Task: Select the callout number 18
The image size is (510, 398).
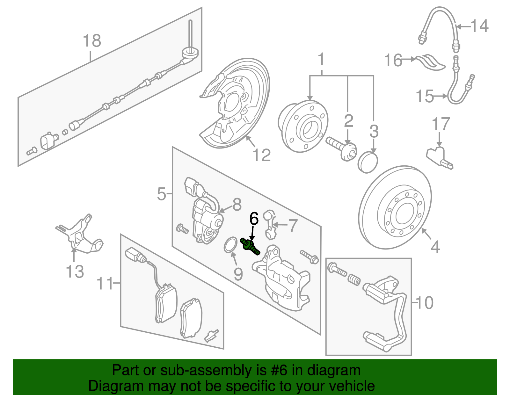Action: (x=92, y=41)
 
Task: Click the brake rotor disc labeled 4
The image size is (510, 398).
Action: (x=395, y=207)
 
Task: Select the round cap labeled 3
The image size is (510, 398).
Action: (x=368, y=162)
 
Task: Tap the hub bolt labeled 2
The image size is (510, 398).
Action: (x=341, y=147)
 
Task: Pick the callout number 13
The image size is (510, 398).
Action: (x=75, y=271)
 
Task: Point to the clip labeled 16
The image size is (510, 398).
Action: (x=430, y=62)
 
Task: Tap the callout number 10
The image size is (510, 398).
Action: (x=425, y=302)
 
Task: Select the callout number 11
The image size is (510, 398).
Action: (x=105, y=283)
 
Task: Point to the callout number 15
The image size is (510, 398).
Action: (x=425, y=96)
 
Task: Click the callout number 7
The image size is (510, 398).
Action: (x=293, y=225)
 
